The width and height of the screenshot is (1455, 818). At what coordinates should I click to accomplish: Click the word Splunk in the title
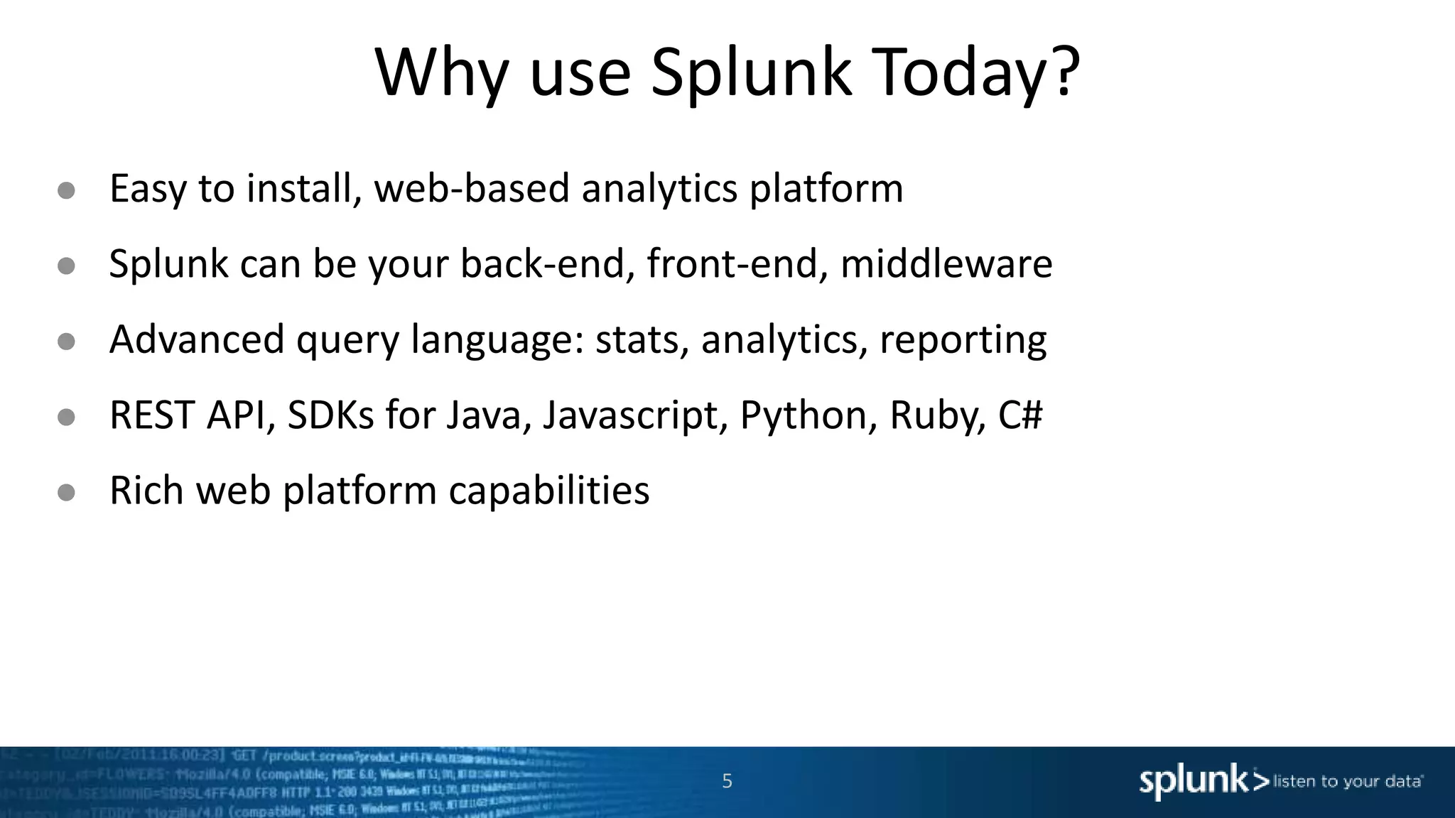[x=750, y=73]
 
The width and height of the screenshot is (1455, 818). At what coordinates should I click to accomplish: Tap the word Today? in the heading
[x=972, y=73]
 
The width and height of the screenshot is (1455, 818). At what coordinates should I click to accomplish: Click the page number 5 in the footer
[x=727, y=781]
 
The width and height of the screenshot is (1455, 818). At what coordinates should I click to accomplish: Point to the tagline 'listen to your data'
[x=1348, y=782]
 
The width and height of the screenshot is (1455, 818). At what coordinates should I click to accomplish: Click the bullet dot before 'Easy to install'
[x=66, y=190]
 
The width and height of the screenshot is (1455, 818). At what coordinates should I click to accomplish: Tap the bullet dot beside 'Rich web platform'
[x=66, y=492]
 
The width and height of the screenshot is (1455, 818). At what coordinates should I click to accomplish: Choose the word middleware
[x=946, y=263]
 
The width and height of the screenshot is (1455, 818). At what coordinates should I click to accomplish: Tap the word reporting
[x=963, y=340]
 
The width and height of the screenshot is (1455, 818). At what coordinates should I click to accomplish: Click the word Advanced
[x=197, y=339]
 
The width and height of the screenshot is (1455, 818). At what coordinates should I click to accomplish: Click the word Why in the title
[x=441, y=73]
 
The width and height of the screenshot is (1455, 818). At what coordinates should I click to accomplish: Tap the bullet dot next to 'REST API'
[x=66, y=417]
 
